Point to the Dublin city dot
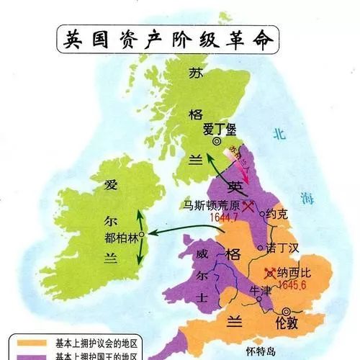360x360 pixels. [x=143, y=235]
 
